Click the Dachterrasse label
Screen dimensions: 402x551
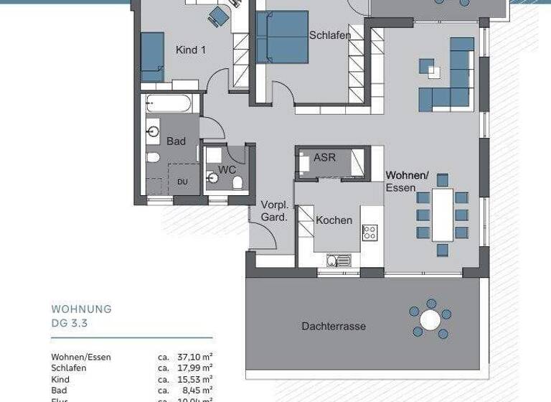[x=333, y=326]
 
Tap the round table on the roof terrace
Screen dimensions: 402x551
[x=430, y=319]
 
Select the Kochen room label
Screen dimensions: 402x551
[x=334, y=220]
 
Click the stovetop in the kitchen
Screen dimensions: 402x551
[x=369, y=232]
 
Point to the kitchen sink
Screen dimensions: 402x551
[x=338, y=260]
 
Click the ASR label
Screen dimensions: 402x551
[x=325, y=157]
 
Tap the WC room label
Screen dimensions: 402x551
[x=227, y=169]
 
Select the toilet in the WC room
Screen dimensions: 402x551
[x=237, y=182]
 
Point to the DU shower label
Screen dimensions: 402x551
[x=182, y=182]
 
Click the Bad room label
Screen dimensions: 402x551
[x=176, y=141]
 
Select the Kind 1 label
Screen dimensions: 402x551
[x=191, y=50]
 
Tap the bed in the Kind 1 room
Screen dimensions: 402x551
[x=152, y=57]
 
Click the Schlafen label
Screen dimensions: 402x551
[x=330, y=35]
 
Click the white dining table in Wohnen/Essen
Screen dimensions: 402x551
[x=443, y=214]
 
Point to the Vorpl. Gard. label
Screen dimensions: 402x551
[x=274, y=210]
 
